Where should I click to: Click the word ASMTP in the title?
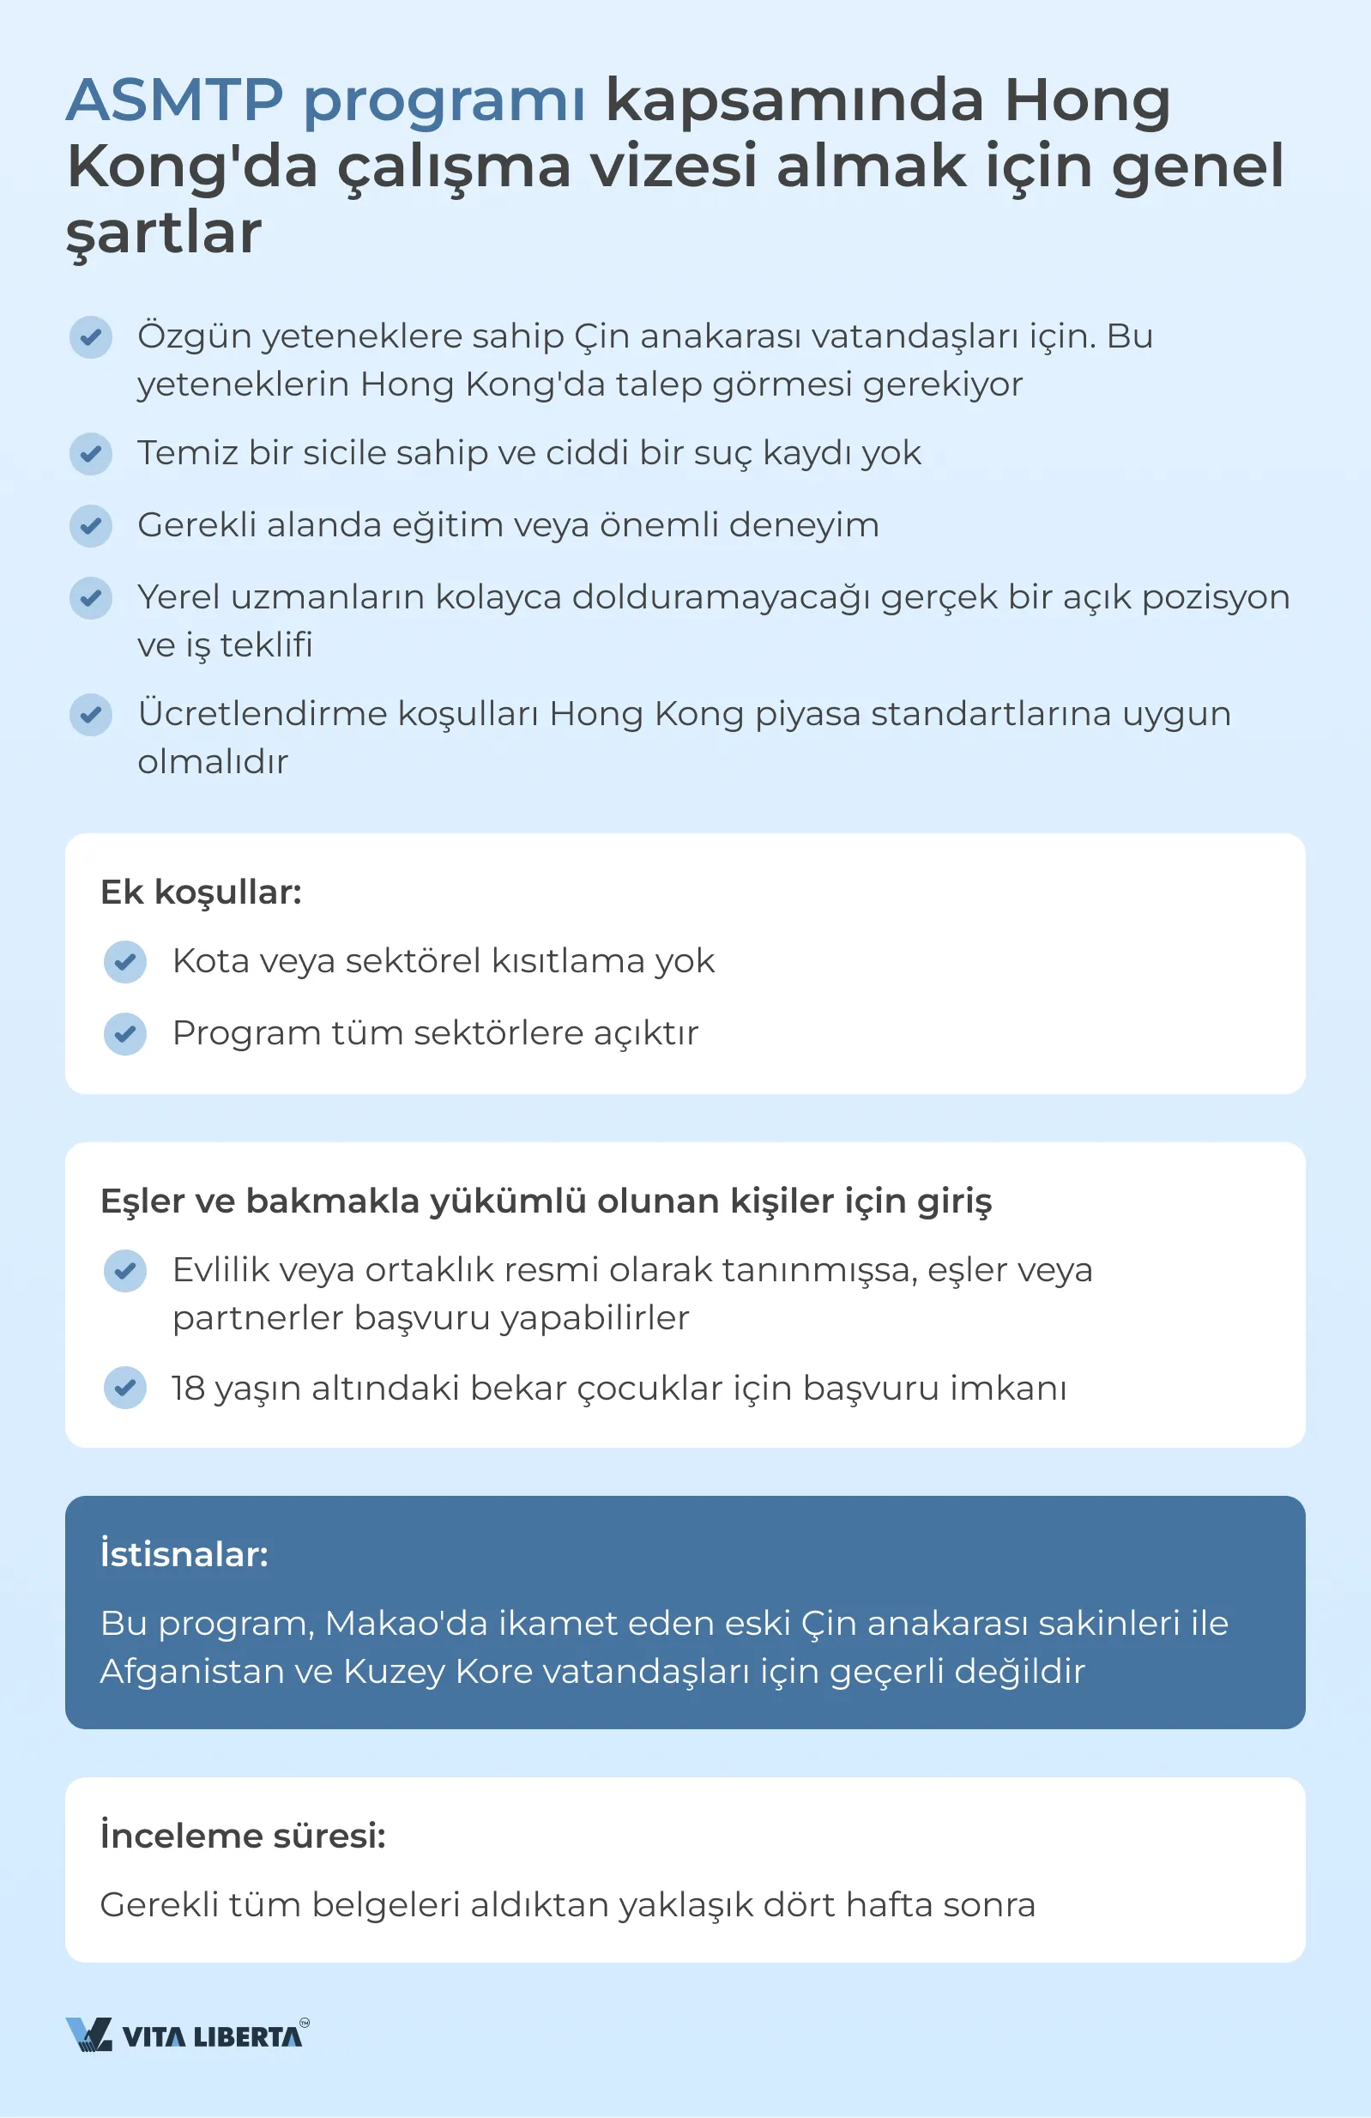coord(174,100)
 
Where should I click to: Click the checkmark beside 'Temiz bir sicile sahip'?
coord(91,454)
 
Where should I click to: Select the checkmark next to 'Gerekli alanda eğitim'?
coord(91,526)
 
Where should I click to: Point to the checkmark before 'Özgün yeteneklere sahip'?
coord(91,337)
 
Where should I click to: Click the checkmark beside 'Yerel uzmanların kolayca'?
coord(91,598)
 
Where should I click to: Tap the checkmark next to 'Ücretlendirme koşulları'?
coord(91,715)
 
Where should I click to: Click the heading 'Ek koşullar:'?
coord(201,892)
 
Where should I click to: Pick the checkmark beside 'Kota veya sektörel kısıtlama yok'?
coord(125,962)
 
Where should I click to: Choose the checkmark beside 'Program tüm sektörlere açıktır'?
coord(125,1034)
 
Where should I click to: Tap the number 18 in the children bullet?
coord(189,1389)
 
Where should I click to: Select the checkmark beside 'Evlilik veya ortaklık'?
coord(125,1271)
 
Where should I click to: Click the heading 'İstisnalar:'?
coord(184,1554)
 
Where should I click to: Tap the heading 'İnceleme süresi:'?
coord(243,1835)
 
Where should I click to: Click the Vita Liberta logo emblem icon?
coord(89,2035)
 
